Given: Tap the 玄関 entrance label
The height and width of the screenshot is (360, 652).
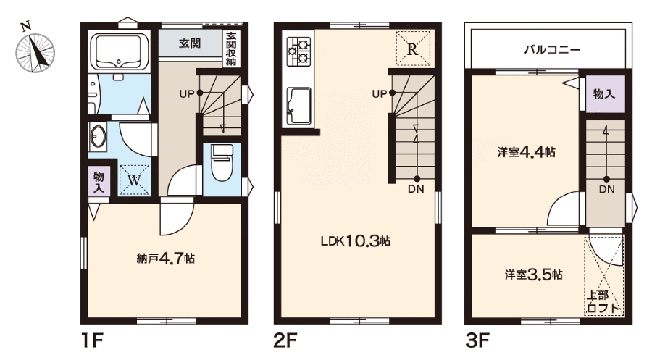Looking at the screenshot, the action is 190,43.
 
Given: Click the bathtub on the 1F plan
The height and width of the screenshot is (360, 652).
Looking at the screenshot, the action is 120,51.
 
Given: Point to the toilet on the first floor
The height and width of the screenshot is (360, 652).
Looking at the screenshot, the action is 222,162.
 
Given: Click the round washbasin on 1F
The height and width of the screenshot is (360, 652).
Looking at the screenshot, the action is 99,136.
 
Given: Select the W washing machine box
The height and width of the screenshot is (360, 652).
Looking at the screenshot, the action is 134,180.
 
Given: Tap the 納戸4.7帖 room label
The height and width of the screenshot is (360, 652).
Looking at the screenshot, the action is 165,259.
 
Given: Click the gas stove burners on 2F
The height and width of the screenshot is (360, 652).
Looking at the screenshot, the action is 299,50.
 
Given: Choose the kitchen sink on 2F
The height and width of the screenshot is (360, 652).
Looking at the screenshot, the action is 299,106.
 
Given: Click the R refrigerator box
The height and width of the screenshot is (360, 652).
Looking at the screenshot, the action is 412,49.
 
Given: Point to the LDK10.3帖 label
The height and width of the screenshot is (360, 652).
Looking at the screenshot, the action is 355,240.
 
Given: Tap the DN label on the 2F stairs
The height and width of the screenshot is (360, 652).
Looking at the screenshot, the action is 416,189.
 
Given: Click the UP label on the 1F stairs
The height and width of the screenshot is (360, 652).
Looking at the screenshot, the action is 187,94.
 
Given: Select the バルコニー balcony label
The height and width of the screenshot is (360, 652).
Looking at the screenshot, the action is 552,50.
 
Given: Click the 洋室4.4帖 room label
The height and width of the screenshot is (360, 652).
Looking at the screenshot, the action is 526,152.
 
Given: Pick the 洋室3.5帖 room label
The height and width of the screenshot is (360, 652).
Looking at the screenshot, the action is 534,275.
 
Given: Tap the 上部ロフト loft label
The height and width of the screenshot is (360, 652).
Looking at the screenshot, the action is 603,301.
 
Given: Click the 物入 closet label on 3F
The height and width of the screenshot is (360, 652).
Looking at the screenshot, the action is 603,93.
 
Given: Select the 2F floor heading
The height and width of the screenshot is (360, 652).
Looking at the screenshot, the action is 285,341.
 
